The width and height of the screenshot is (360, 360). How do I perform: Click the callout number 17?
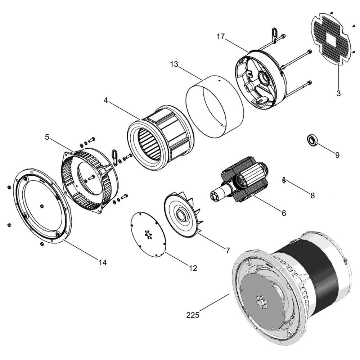[221, 37]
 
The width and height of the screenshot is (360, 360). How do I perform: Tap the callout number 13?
[174, 64]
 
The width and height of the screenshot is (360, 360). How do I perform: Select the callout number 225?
[193, 315]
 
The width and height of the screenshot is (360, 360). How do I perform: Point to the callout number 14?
[103, 262]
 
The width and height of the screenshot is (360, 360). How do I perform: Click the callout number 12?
[193, 268]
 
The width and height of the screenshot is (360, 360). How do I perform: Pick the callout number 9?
[337, 155]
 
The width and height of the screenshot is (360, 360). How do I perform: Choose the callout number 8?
[312, 195]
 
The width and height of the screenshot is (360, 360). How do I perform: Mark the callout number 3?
[338, 93]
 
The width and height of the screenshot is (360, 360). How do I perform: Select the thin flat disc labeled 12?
[148, 234]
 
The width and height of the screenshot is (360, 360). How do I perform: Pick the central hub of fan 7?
[182, 215]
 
